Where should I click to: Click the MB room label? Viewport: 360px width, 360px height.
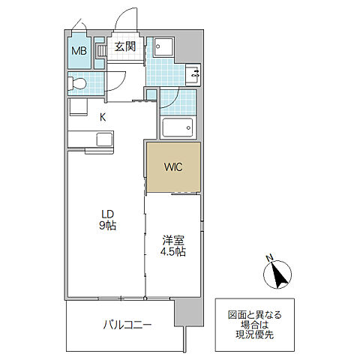(79, 52)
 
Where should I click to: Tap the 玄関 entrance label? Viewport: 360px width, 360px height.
(124, 47)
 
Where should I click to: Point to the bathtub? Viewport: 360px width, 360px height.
(178, 127)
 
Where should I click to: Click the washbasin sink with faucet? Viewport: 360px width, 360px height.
(193, 73)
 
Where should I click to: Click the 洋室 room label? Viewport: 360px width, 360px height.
(174, 240)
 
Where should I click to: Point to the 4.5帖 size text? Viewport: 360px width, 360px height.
(174, 253)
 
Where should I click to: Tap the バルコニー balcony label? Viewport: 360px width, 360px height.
(127, 325)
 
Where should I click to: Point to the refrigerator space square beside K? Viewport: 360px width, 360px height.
(77, 106)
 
